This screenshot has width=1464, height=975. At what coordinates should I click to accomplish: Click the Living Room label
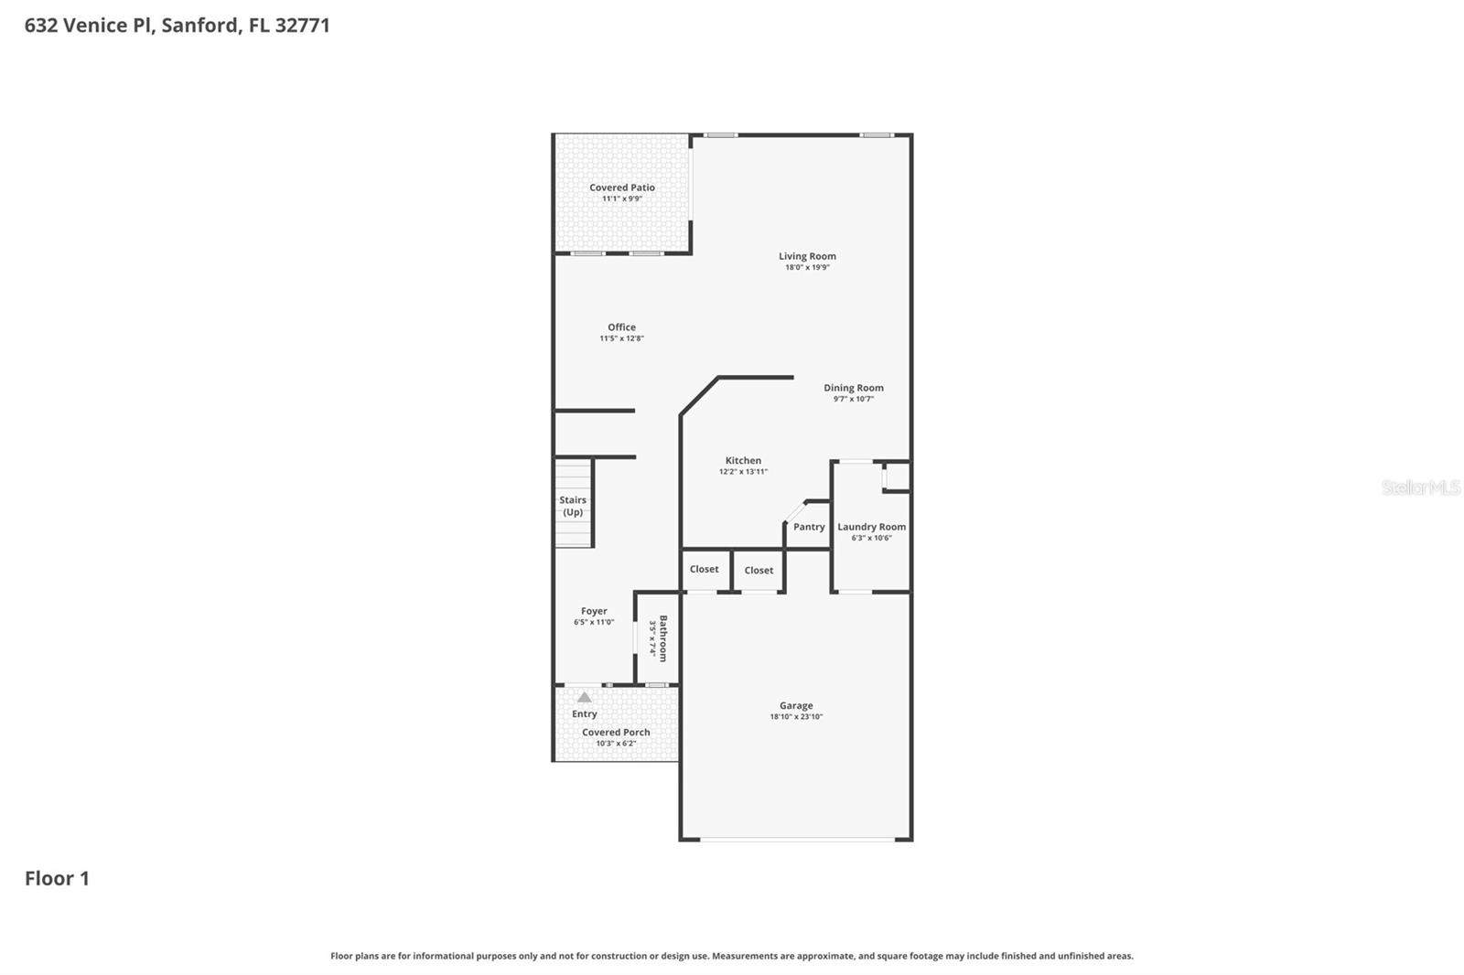[x=807, y=256]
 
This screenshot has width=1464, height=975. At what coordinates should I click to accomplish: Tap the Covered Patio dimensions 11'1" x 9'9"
[x=622, y=198]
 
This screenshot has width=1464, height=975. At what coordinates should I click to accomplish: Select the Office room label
[x=621, y=327]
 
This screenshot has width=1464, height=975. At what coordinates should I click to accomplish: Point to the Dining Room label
[x=853, y=388]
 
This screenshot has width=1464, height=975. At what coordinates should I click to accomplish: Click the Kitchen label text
[x=743, y=461]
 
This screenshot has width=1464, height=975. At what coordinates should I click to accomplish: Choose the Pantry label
[x=809, y=527]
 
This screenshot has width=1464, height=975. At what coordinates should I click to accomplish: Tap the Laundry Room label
[x=871, y=527]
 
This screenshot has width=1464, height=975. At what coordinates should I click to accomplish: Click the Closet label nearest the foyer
[x=704, y=569]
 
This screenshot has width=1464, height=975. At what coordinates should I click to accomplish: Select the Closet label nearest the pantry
[x=759, y=570]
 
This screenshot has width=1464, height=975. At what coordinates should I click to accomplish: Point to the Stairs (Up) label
[x=573, y=506]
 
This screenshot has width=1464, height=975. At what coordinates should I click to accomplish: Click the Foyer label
[x=594, y=611]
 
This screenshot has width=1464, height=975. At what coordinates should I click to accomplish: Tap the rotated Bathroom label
[x=663, y=637]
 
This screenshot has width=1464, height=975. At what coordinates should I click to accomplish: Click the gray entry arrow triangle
[x=584, y=697]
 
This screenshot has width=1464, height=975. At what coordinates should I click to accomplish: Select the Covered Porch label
[x=616, y=732]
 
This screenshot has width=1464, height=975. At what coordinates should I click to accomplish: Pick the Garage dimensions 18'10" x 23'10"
[x=796, y=716]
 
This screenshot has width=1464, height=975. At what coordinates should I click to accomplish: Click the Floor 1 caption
[x=57, y=878]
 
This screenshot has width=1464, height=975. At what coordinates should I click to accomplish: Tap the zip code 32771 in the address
[x=302, y=25]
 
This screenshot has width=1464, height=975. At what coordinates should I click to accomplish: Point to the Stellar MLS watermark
[x=1420, y=487]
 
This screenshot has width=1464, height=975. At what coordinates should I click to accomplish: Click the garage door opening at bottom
[x=796, y=839]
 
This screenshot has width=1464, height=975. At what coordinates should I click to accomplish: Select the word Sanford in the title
[x=199, y=25]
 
